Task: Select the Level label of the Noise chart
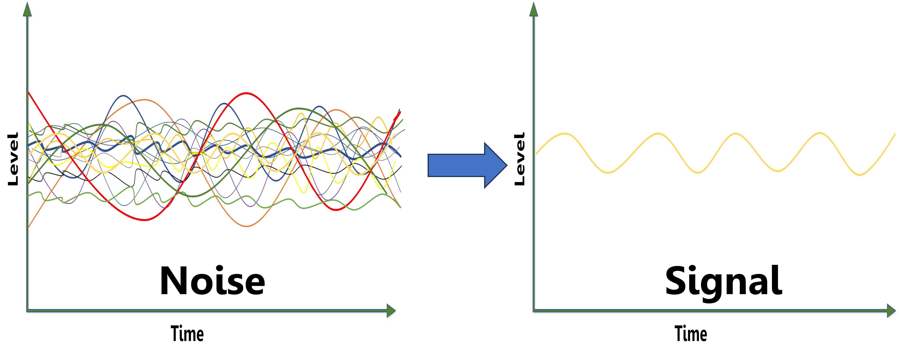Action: click(x=13, y=159)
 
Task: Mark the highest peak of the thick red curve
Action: click(x=246, y=93)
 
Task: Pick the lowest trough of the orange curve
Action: click(x=246, y=226)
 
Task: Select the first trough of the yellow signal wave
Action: click(x=608, y=172)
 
